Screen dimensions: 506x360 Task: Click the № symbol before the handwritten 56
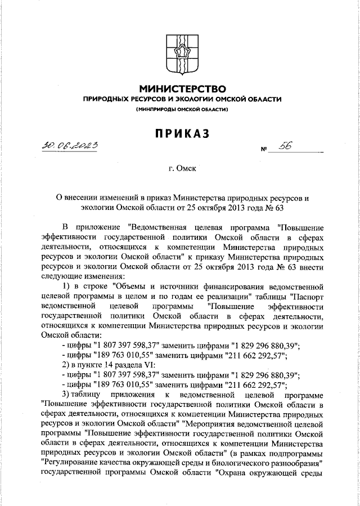(x=263, y=150)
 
